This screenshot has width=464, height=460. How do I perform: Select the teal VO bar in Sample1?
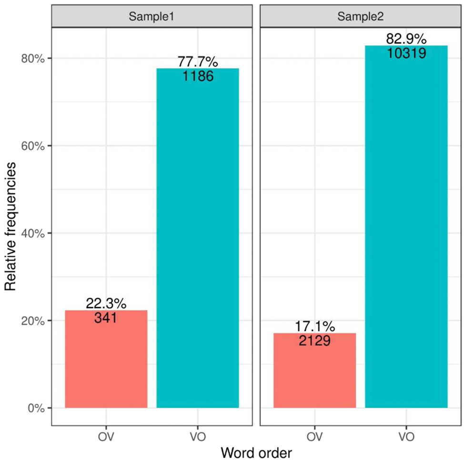click(198, 238)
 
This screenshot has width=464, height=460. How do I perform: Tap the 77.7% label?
click(198, 62)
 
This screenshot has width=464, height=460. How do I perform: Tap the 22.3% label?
click(106, 303)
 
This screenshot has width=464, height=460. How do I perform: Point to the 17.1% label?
click(314, 326)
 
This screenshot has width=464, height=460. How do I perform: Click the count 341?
click(106, 317)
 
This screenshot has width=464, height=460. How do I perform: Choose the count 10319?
click(406, 52)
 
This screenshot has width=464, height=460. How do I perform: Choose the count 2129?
click(314, 340)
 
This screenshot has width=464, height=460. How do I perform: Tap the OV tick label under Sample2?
click(314, 435)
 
